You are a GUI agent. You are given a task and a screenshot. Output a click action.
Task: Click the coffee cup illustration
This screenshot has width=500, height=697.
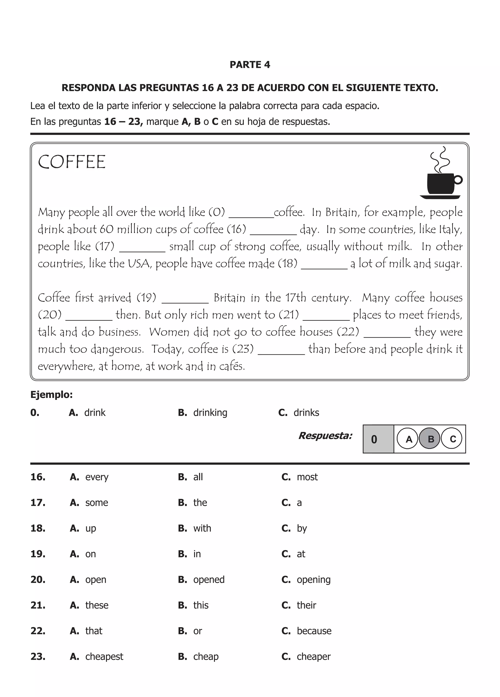[x=441, y=177]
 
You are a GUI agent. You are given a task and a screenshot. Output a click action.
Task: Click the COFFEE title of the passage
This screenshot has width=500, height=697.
[x=72, y=162]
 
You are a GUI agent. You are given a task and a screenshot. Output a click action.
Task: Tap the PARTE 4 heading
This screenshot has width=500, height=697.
[x=250, y=64]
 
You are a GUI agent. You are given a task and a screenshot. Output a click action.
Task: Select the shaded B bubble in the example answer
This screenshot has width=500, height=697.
[x=430, y=439]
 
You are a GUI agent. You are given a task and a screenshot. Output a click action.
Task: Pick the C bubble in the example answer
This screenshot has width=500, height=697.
[x=452, y=439]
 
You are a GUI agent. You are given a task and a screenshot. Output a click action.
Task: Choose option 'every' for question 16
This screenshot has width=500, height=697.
[x=96, y=477]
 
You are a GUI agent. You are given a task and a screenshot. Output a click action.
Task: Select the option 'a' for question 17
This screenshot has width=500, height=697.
[x=299, y=503]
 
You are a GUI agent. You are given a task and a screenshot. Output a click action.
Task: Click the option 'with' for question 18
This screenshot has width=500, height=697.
[x=202, y=528]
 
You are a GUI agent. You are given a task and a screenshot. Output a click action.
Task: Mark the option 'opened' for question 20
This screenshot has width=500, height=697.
[x=209, y=580]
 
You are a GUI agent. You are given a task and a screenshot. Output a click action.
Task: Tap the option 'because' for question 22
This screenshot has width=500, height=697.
[x=314, y=631]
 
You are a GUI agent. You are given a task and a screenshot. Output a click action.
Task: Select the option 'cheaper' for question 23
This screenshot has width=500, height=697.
[x=313, y=656]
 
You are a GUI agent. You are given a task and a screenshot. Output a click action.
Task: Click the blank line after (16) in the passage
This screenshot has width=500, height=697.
[x=273, y=233]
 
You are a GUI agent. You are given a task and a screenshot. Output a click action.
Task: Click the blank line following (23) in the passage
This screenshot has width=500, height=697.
[x=281, y=353]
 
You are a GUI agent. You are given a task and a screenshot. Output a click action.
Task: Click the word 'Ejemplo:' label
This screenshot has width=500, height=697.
[x=51, y=395]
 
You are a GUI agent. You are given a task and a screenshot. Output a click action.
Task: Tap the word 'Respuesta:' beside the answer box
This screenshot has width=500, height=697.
[x=325, y=436]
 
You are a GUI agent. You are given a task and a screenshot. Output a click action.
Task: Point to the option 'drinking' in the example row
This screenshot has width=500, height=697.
[x=210, y=412]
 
